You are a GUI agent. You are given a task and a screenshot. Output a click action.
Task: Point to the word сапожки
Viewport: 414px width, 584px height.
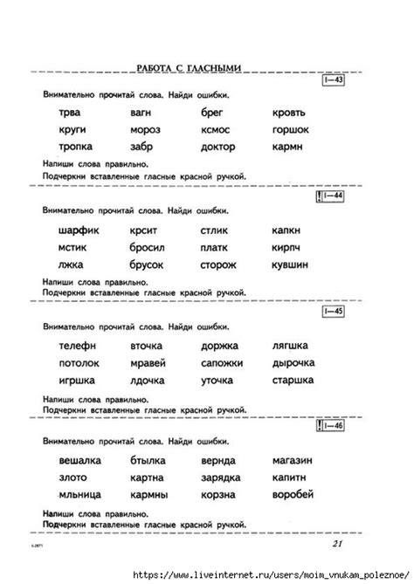point(222,362)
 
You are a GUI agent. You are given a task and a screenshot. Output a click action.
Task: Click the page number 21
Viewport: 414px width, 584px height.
point(342,545)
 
